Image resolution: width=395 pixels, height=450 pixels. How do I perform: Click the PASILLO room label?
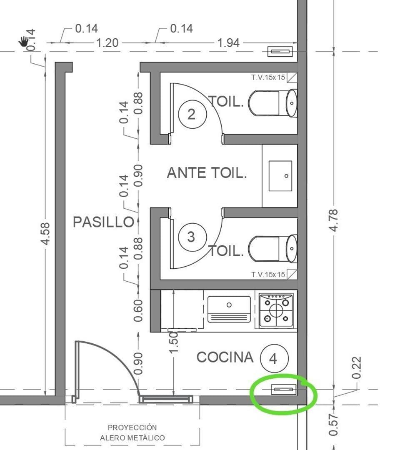click(x=103, y=222)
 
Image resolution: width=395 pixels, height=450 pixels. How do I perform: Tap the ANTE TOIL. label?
click(x=207, y=173)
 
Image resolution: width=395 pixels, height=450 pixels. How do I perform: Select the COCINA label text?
click(x=225, y=357)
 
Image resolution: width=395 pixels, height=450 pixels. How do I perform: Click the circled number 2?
click(x=192, y=114)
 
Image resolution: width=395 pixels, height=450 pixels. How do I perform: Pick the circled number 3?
click(x=192, y=237)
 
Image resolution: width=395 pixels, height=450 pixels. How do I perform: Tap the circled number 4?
click(x=274, y=358)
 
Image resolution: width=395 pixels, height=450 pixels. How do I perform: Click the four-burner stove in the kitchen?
click(x=276, y=310)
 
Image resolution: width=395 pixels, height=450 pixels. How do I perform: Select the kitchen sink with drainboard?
click(x=229, y=309)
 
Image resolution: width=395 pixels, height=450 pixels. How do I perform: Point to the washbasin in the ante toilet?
click(x=280, y=176)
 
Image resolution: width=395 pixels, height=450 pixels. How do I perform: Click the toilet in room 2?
click(x=273, y=103)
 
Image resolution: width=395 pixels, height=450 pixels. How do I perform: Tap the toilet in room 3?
click(x=273, y=249)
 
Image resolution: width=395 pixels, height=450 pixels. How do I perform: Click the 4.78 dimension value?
click(x=334, y=220)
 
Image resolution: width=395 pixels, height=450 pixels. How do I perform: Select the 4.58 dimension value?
click(x=45, y=234)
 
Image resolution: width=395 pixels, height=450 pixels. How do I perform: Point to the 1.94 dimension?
click(x=228, y=43)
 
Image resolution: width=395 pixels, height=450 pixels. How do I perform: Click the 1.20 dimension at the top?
click(x=107, y=43)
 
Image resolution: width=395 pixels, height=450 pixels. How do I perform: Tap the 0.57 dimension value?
click(x=333, y=425)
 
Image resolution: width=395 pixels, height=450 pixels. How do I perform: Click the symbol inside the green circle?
click(x=284, y=390)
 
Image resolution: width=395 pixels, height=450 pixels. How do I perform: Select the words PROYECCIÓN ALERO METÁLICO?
click(x=132, y=432)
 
